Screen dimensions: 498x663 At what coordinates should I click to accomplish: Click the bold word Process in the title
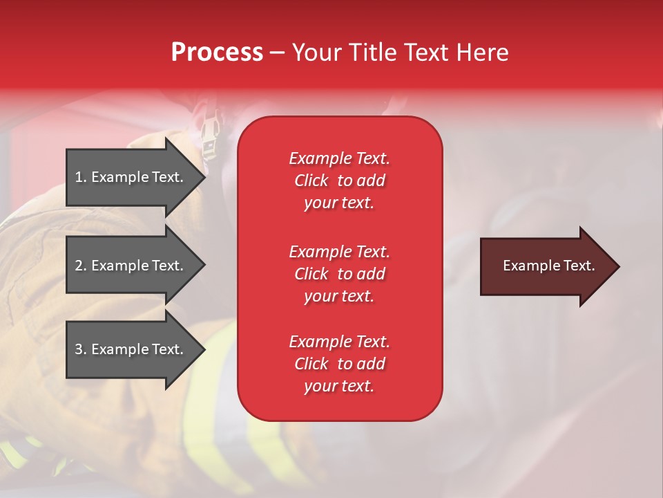click(x=217, y=53)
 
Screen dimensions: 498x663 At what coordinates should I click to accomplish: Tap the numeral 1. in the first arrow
click(x=81, y=177)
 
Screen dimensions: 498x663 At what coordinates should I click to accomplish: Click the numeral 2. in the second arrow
click(x=81, y=266)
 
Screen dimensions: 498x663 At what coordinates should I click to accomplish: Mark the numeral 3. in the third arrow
click(x=81, y=349)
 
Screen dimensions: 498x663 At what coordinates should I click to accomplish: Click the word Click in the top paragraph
click(x=311, y=181)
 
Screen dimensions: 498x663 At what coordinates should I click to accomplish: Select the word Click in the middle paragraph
click(x=311, y=274)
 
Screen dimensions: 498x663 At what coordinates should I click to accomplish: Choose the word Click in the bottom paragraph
click(x=311, y=364)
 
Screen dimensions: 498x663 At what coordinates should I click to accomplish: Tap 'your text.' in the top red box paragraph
click(x=339, y=203)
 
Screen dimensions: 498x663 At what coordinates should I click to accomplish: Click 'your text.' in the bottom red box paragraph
click(x=339, y=386)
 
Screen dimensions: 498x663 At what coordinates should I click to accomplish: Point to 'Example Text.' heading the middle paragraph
click(x=339, y=252)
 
